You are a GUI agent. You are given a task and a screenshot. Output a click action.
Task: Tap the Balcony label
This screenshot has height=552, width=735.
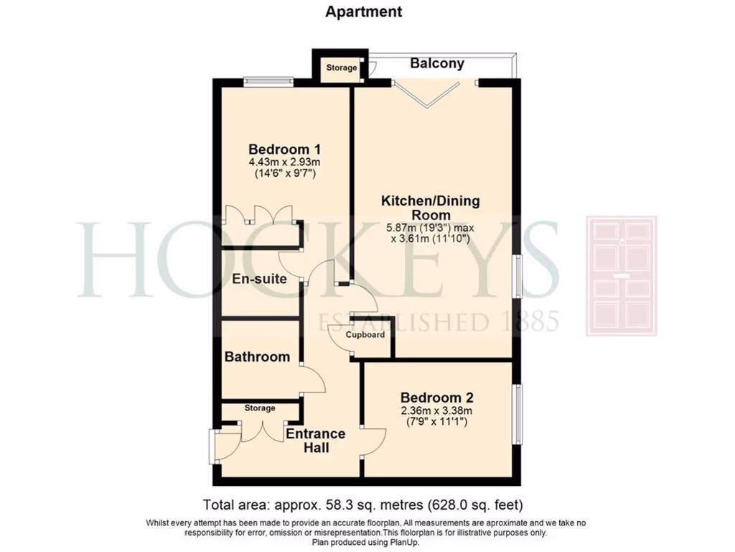pyautogui.click(x=436, y=63)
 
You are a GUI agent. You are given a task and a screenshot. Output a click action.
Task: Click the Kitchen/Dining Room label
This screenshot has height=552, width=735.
pyautogui.click(x=430, y=208)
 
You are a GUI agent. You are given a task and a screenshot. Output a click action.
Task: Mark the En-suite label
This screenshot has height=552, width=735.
pyautogui.click(x=260, y=279)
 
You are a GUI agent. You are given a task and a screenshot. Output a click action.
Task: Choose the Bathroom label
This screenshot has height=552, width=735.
pyautogui.click(x=257, y=356)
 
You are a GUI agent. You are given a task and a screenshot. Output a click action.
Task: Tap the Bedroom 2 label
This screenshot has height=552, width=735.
pyautogui.click(x=436, y=397)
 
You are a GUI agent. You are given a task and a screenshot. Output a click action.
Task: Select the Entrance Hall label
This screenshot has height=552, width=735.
pyautogui.click(x=316, y=441)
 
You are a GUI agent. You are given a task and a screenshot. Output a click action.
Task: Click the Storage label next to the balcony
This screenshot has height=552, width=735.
pyautogui.click(x=342, y=68)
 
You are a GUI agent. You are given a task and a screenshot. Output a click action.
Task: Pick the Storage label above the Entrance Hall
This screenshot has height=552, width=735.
pyautogui.click(x=259, y=408)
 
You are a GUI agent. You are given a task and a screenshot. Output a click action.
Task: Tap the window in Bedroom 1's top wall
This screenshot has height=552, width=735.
pyautogui.click(x=268, y=81)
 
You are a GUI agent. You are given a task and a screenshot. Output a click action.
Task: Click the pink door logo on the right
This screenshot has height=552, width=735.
pyautogui.click(x=622, y=276)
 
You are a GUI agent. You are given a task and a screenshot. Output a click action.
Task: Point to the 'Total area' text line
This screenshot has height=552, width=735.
pyautogui.click(x=367, y=505)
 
